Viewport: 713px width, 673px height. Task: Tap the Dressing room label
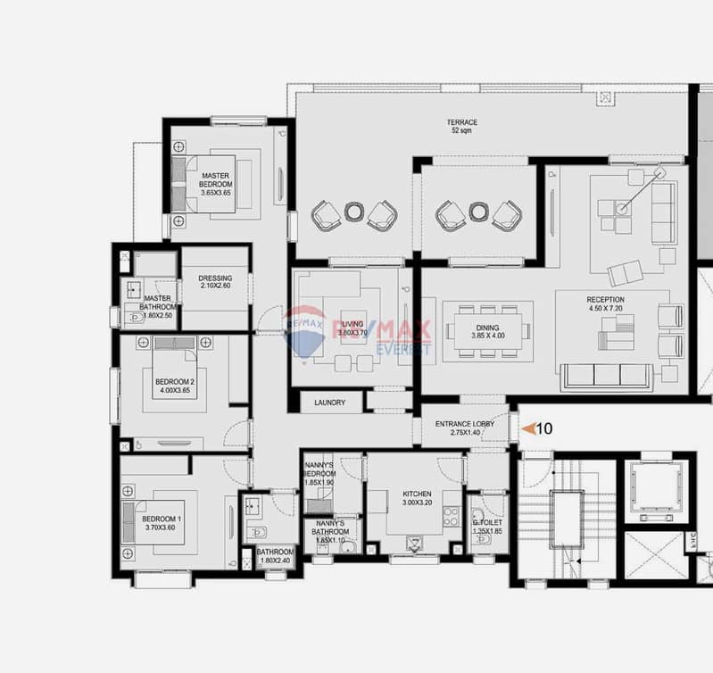(x=215, y=283)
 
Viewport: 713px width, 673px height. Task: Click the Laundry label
(x=329, y=403)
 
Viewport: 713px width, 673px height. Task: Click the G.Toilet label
(x=487, y=527)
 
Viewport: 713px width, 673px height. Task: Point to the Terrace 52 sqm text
(x=462, y=127)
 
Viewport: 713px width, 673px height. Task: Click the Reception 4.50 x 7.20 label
(x=605, y=305)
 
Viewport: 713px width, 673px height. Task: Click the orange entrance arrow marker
(x=527, y=429)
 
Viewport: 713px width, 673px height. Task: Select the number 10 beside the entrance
(x=544, y=429)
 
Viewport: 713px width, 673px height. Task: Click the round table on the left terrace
(x=354, y=212)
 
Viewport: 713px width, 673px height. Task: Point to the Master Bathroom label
(x=157, y=304)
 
